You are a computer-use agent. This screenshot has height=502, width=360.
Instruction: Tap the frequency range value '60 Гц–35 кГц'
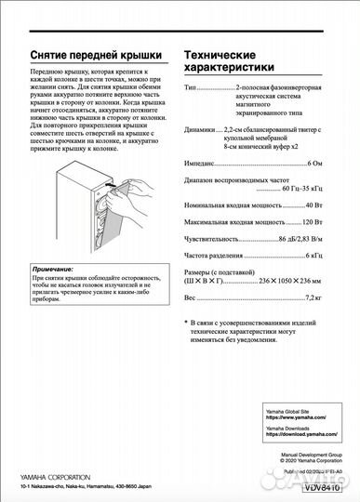[x=293, y=189]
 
